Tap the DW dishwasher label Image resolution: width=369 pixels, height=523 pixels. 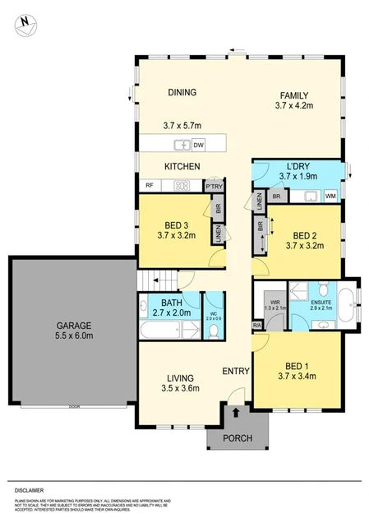199,146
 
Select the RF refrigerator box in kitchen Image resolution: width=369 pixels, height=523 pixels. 150,185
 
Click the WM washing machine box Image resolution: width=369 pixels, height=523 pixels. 330,196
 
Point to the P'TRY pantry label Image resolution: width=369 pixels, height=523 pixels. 214,186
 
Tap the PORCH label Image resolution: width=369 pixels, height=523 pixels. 237,437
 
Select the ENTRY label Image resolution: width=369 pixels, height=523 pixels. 235,372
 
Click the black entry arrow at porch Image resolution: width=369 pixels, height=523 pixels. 237,412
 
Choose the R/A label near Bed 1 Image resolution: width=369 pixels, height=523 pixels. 257,326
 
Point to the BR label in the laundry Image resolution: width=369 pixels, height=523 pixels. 277,197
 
